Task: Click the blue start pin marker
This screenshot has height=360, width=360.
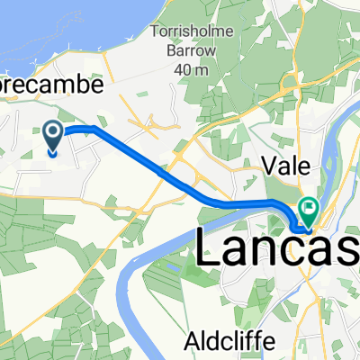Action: click(53, 138)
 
